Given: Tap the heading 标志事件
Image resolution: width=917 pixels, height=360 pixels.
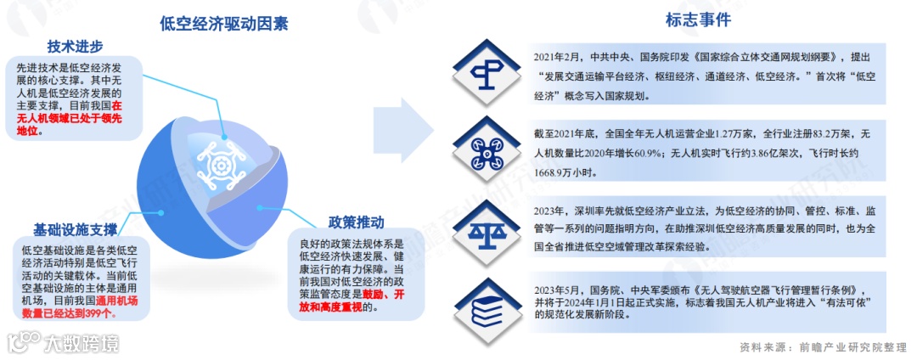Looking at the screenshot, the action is [x=698, y=19].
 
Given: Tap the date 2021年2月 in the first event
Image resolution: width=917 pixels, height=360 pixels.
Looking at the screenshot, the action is [x=558, y=58].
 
